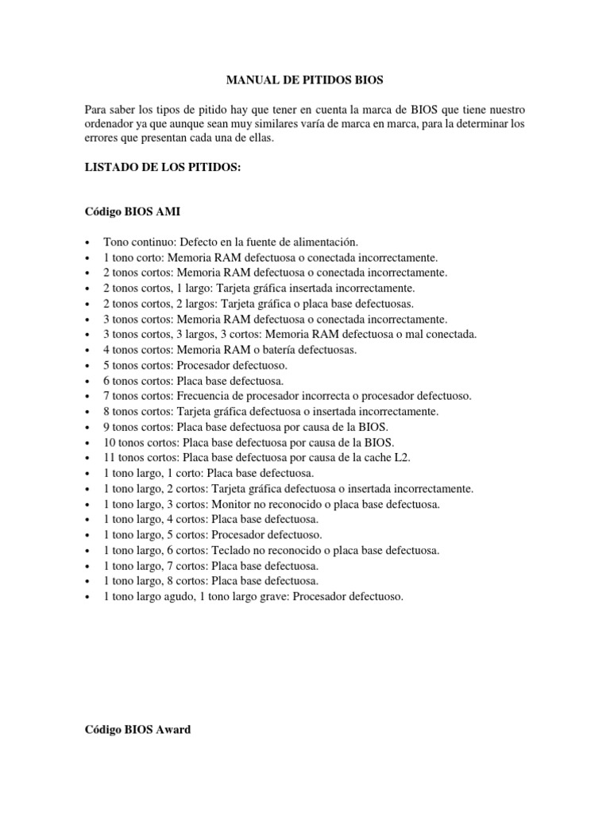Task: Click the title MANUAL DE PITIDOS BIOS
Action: tap(304, 79)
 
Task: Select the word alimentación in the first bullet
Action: tap(322, 241)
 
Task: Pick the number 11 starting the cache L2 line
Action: tap(109, 457)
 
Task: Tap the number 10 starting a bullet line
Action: tap(109, 442)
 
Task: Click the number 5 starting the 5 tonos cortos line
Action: tap(106, 365)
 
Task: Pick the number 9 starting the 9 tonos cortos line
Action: tap(106, 426)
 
